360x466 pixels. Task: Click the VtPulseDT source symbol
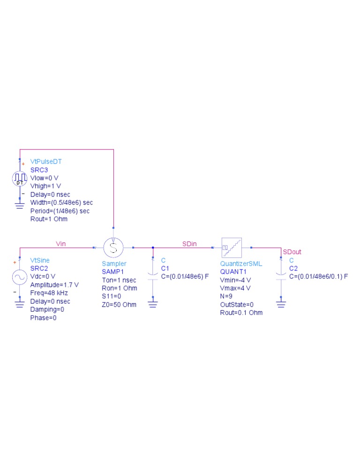(20, 178)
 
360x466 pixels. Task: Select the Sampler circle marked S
(113, 247)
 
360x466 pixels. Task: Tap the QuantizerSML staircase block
(232, 247)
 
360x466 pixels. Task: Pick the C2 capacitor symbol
(281, 276)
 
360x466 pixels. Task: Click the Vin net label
(61, 243)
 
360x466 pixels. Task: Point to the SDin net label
(189, 243)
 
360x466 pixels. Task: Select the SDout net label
(292, 252)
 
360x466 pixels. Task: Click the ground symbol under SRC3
(20, 203)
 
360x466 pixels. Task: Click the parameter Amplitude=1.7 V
(54, 285)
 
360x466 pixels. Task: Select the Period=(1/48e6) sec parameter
(60, 211)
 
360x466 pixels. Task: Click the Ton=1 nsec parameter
(119, 280)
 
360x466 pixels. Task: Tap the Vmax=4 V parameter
(235, 288)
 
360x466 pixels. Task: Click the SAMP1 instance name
(112, 272)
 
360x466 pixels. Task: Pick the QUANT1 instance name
(233, 272)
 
